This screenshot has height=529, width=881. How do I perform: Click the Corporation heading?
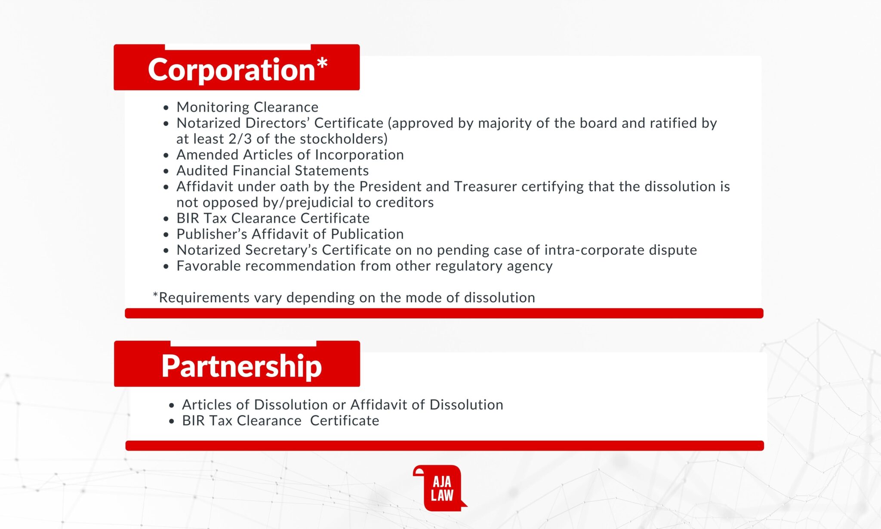pos(237,69)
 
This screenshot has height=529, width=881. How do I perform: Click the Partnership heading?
pos(241,366)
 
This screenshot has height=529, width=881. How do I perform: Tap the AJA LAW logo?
pos(440,488)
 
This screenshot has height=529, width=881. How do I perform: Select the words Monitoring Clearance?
pos(247,107)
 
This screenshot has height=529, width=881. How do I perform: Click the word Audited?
pos(202,170)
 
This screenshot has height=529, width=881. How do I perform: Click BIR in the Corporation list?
pos(188,218)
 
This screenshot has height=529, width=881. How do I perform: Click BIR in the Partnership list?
pos(193,421)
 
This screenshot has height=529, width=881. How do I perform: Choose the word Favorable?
pos(209,266)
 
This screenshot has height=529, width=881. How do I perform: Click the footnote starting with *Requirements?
pos(344,297)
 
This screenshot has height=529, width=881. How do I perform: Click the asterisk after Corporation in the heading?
pos(322,64)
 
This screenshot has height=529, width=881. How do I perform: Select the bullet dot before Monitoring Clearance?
pos(166,108)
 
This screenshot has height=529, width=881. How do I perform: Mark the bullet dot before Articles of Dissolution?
pos(172,405)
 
